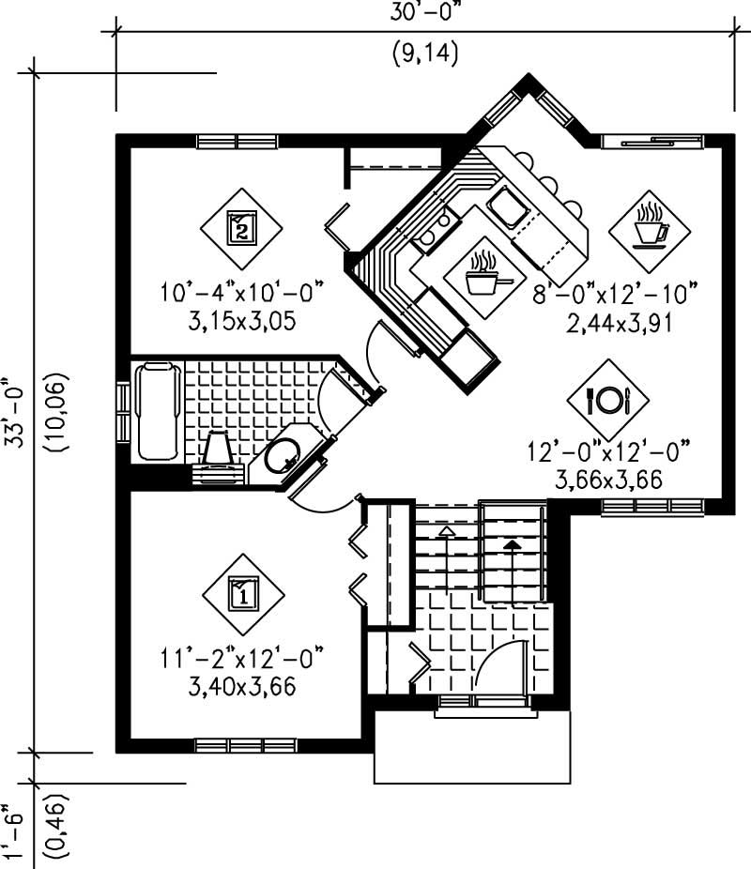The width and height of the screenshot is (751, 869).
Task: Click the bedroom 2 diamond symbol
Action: click(241, 228)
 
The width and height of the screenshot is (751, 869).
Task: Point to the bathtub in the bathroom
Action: click(157, 411)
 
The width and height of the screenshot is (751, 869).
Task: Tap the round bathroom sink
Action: click(281, 458)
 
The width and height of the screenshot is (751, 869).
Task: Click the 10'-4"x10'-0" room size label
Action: click(241, 293)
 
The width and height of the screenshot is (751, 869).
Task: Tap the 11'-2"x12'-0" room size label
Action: click(242, 656)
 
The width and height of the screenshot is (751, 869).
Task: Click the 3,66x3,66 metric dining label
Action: click(608, 480)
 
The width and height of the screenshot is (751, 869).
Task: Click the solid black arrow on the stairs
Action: click(512, 543)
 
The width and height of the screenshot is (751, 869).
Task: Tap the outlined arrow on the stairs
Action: click(447, 531)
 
